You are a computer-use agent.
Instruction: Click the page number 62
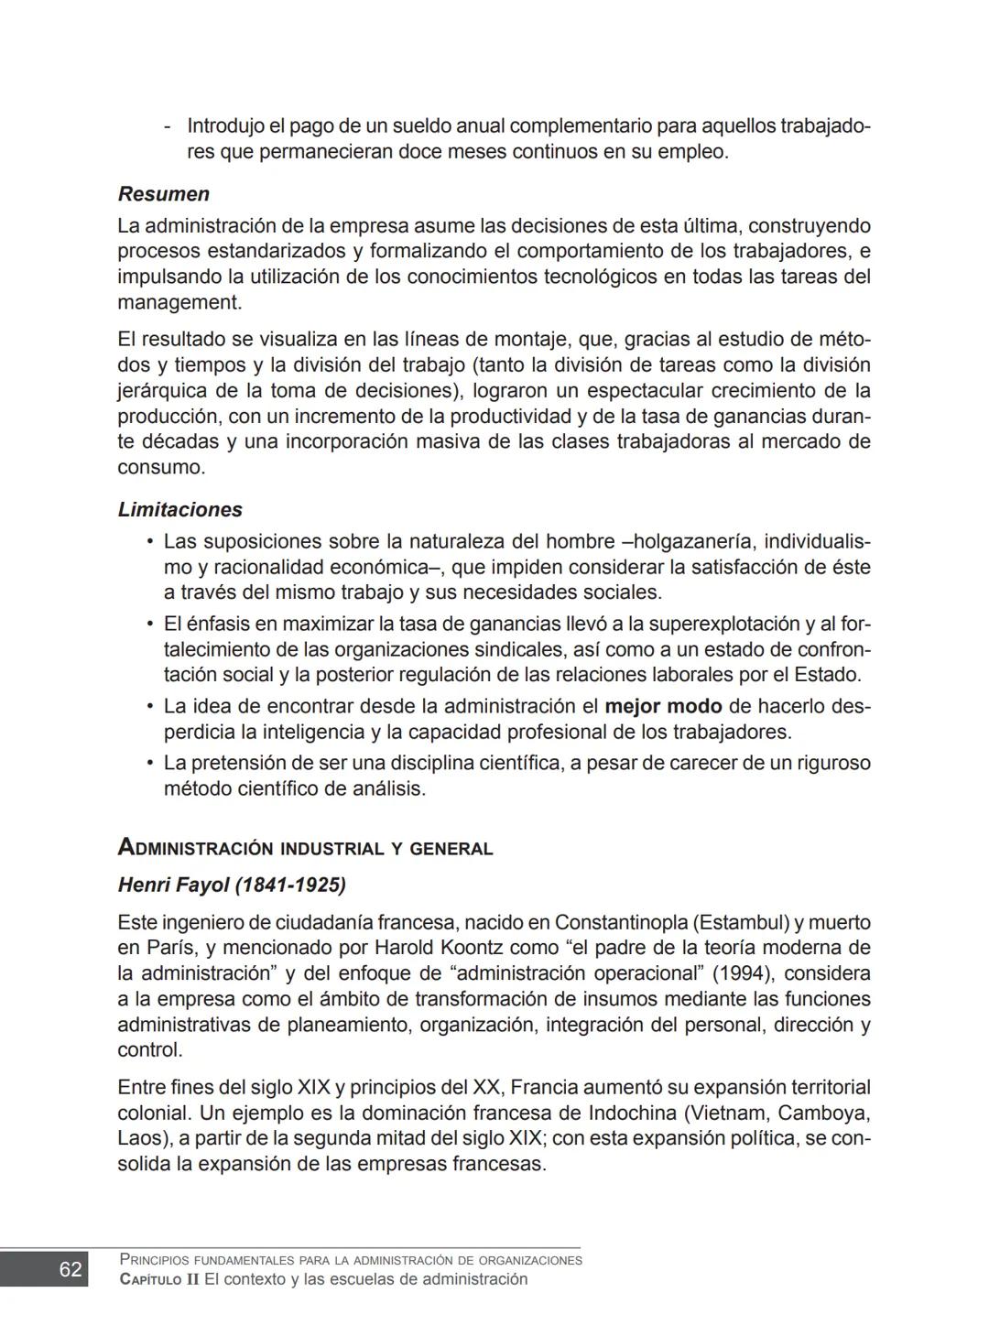71,1269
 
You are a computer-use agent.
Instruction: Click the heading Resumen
164,194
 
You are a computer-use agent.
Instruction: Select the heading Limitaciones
180,510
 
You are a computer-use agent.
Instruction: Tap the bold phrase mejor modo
663,707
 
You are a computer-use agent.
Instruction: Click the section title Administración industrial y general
305,848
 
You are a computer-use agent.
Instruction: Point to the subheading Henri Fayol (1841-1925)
232,885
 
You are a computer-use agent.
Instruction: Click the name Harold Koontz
436,948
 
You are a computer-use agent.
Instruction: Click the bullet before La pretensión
149,763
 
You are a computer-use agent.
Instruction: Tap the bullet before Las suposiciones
149,541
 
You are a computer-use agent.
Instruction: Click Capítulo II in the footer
159,1279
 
